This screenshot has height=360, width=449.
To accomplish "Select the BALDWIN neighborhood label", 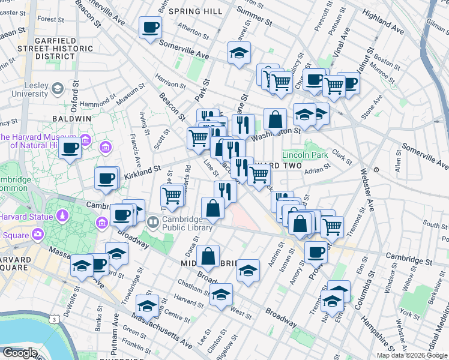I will tap(71, 119).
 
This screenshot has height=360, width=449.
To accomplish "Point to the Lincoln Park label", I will tap(305, 155).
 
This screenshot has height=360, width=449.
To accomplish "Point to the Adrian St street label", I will tap(313, 170).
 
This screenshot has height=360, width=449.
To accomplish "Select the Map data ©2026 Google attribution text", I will tap(412, 355).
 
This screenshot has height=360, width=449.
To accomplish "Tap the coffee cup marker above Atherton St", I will tap(150, 27).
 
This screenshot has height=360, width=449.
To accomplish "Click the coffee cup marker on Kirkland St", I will tap(106, 178).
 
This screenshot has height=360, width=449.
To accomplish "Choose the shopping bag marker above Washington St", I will tap(275, 119).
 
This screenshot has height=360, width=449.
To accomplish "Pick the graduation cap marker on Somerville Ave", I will tap(239, 53).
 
